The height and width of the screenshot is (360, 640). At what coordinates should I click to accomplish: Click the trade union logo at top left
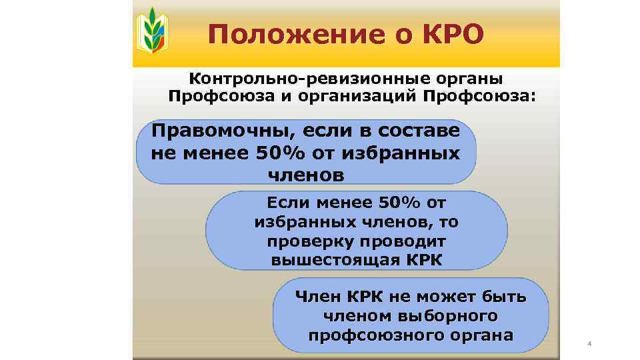coord(152,31)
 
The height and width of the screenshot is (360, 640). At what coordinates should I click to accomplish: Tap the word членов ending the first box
coord(306,175)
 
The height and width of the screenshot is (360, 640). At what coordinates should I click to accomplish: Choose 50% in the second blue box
coord(393,201)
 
